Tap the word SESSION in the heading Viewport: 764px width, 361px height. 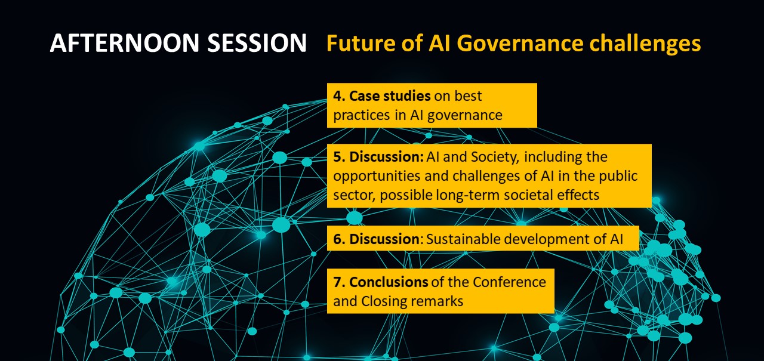(257, 44)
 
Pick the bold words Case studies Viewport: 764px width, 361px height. (390, 96)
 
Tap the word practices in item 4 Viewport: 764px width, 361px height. (362, 116)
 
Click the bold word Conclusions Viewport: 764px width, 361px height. (389, 282)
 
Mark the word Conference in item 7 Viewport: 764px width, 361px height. (510, 282)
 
